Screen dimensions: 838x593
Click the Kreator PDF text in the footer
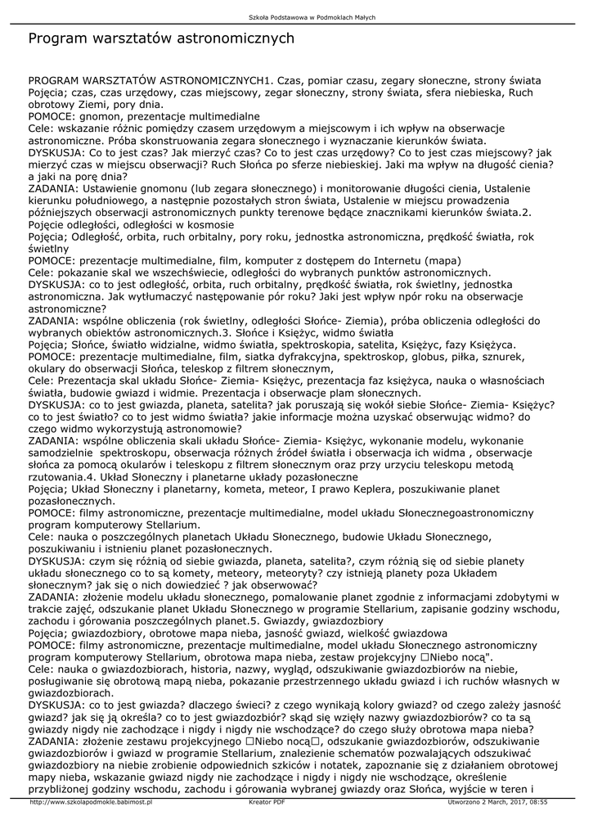[x=267, y=804]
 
